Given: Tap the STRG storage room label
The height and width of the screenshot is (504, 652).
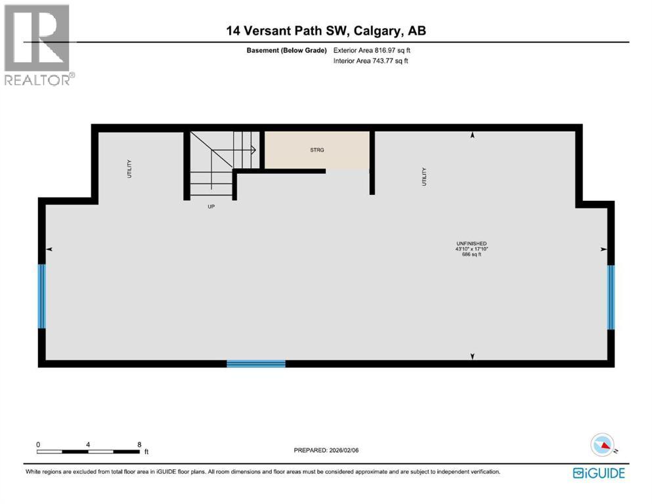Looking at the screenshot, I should tap(317, 150).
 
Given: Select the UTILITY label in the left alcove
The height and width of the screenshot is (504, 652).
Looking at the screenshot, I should tap(130, 169).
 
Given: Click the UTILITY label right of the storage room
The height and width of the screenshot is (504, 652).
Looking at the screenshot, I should tap(424, 177).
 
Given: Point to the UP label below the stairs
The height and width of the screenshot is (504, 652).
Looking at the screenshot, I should tap(211, 206).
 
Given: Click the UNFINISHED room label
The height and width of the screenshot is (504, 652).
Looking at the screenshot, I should tap(471, 243).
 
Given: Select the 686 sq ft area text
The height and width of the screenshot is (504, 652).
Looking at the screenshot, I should tap(471, 255).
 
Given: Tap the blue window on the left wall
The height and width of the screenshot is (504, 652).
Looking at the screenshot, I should tap(42, 296).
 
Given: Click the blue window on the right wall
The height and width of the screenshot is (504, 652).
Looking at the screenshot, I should tap(611, 297).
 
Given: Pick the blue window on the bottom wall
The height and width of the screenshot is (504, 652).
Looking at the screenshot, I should tap(256, 363).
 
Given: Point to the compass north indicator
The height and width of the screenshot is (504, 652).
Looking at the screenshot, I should tap(602, 446).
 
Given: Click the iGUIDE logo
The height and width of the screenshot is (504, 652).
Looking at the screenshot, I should tap(599, 472).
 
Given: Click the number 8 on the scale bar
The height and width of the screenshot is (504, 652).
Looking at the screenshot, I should tap(139, 444).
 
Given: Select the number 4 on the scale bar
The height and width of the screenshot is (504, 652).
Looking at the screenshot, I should tap(88, 444).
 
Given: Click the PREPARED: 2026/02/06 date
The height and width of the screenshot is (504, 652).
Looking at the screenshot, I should tap(326, 450).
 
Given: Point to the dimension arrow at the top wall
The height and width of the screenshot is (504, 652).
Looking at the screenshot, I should tap(472, 135).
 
